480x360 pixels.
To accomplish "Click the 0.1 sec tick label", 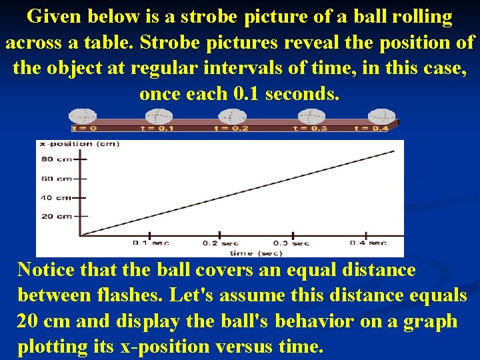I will (x=151, y=243).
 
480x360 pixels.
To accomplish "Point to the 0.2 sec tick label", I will (x=221, y=243).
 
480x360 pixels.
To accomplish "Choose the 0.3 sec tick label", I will (x=291, y=243).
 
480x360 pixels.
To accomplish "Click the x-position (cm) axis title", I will (x=75, y=144).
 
